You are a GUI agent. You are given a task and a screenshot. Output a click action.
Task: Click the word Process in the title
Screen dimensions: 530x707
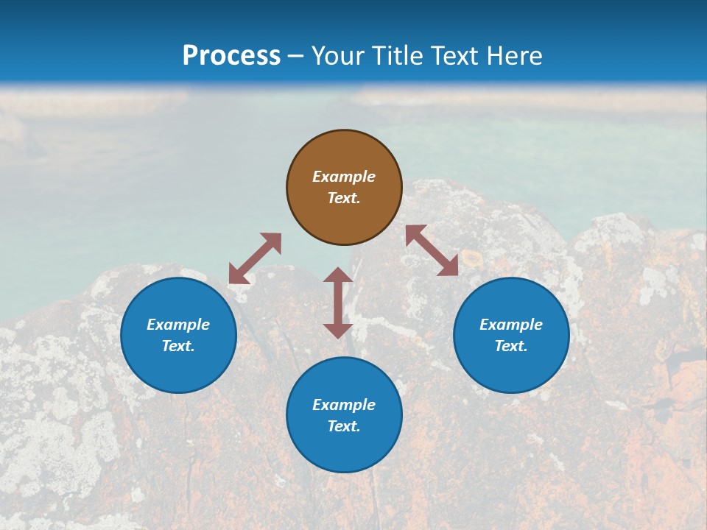(x=231, y=56)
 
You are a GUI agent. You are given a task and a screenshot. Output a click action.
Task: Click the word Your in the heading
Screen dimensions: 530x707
(x=339, y=56)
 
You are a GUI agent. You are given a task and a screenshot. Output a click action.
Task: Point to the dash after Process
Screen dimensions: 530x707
(x=296, y=57)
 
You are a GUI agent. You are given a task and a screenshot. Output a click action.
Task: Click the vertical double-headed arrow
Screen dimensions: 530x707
(x=338, y=303)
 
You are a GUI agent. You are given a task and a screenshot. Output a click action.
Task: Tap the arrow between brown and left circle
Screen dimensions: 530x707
(x=255, y=258)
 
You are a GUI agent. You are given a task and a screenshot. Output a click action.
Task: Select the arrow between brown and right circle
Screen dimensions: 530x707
(x=432, y=250)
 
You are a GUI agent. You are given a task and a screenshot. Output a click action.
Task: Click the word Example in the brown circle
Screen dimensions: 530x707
(x=344, y=177)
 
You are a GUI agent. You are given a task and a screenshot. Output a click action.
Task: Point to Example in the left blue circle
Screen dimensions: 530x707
(x=178, y=325)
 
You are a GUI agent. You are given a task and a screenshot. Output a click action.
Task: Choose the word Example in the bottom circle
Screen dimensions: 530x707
(x=344, y=405)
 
